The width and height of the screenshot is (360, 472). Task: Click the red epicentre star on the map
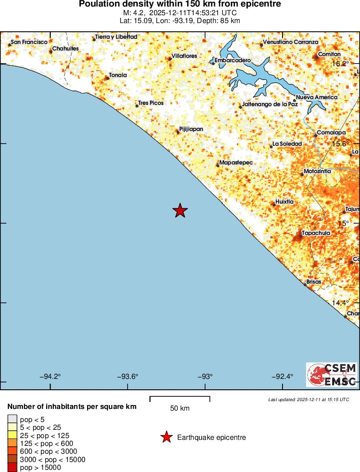coord(180,211)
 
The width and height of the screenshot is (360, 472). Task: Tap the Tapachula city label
coord(316,233)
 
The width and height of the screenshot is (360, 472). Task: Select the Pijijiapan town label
coord(191,129)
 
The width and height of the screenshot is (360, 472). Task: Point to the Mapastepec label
coord(236,162)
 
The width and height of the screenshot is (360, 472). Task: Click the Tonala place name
coord(118,75)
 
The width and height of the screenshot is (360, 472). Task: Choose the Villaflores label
coord(184,56)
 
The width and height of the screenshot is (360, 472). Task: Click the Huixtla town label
coord(285,202)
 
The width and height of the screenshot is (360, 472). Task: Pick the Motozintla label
coord(317,171)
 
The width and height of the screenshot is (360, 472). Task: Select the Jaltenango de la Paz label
coord(270,104)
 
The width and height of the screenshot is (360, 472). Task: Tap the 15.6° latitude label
coord(341,144)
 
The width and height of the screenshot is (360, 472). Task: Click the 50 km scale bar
coord(180,398)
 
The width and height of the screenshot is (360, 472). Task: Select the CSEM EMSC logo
coord(332,375)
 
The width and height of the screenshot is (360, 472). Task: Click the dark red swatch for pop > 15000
coord(12,468)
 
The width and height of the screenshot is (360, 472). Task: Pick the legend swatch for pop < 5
coord(12,419)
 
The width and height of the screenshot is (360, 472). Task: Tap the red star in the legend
coord(166,437)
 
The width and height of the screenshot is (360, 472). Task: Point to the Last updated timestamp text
coord(308,399)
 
